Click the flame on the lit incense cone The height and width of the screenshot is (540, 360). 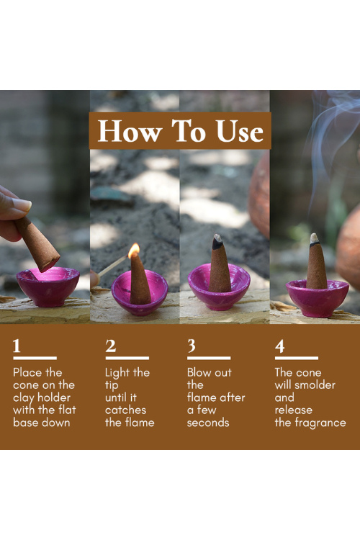(x=134, y=251)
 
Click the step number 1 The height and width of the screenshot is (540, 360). (x=17, y=346)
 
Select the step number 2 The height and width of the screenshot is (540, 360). (x=110, y=346)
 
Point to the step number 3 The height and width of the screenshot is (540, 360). (x=192, y=346)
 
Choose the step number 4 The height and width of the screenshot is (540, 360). (x=280, y=346)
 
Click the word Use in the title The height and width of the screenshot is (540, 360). (x=240, y=131)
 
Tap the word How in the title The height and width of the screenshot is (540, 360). (x=130, y=131)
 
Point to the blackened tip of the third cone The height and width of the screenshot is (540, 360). (x=217, y=242)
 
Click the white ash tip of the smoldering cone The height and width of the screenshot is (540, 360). (x=314, y=238)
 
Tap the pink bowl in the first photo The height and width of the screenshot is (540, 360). (x=48, y=287)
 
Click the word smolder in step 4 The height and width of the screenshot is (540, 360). (x=315, y=384)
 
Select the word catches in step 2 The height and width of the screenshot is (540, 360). (x=125, y=410)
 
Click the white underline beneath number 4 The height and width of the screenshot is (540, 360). (x=296, y=358)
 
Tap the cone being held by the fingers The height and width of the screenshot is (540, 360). (x=37, y=243)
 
